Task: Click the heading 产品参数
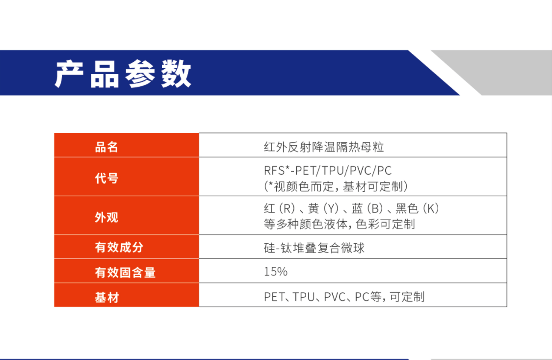(123, 74)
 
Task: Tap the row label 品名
(106, 147)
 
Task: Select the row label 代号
(106, 178)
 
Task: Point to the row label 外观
(106, 217)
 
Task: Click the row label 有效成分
(119, 247)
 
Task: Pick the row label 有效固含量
(125, 272)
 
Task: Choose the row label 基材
(106, 297)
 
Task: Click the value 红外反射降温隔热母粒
(323, 147)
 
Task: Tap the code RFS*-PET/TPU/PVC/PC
(328, 170)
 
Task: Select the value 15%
(276, 271)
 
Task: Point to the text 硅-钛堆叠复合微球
(314, 248)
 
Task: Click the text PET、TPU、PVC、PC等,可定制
(344, 297)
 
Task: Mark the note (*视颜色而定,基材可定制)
(336, 186)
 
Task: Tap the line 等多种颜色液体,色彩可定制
(340, 224)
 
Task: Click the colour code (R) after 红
(287, 208)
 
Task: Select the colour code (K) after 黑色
(430, 208)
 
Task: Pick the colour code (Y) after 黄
(331, 208)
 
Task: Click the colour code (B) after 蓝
(374, 208)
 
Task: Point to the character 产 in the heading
(69, 74)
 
